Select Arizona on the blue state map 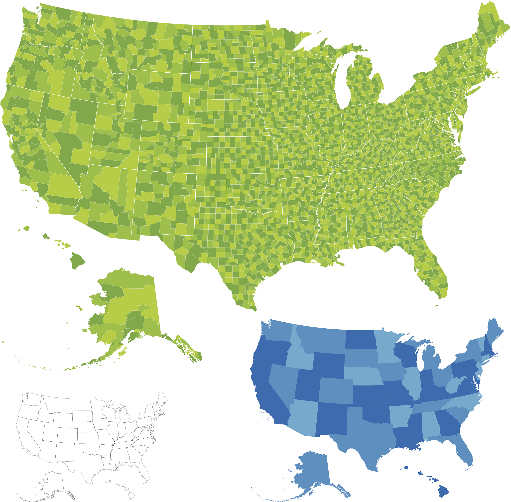tap(303, 417)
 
